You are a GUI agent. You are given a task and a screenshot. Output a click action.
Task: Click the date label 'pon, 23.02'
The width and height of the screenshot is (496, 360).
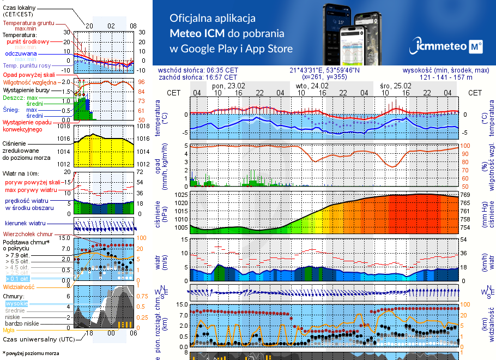point(228,86)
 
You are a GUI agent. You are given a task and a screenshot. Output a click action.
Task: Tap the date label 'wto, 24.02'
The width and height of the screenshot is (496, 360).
point(312,86)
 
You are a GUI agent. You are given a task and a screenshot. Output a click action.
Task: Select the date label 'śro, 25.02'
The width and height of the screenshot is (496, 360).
point(395,86)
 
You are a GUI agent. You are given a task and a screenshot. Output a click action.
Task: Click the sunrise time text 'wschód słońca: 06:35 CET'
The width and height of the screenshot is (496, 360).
point(198,70)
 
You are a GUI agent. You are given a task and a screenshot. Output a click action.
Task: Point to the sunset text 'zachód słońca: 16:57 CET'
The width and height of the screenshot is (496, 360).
point(198,77)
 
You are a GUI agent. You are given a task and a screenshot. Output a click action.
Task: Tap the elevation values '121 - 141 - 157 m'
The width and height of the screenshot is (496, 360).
point(446,77)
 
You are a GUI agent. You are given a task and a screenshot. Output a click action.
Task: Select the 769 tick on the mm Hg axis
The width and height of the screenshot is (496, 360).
point(465,195)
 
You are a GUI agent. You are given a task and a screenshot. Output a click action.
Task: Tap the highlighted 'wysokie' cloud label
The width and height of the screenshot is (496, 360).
point(15,303)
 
